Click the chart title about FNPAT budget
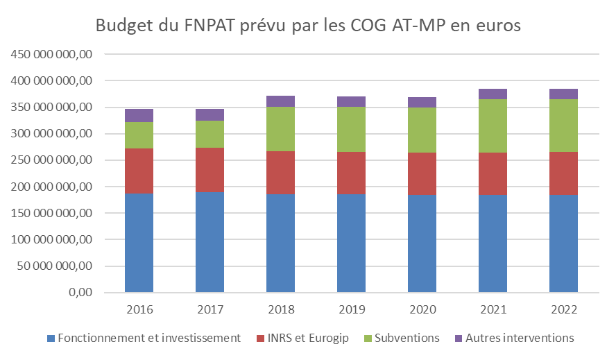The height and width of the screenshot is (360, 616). point(308,26)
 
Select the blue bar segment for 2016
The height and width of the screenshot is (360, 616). point(139,243)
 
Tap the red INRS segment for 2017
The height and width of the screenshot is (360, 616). point(209,170)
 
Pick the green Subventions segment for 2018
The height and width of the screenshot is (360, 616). point(280,129)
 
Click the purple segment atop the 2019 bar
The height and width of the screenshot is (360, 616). point(351,101)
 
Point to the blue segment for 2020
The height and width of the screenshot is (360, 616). point(422,243)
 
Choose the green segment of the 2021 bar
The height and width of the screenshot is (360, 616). point(493,126)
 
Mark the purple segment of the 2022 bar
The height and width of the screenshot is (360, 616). point(563,94)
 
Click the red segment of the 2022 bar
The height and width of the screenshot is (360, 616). point(563,173)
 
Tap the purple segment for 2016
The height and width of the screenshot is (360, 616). point(139,115)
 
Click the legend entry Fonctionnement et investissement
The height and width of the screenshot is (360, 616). point(144,338)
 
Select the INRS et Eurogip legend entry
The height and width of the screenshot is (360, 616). point(303,338)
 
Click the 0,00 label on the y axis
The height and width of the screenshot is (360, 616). point(79,293)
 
